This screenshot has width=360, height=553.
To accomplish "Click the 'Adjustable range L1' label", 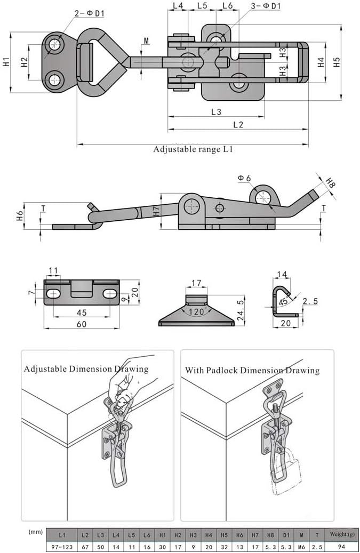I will pos(193,150).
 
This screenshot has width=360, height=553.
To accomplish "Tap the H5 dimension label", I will pos(337,62).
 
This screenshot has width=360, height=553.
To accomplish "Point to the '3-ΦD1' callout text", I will pos(266,6).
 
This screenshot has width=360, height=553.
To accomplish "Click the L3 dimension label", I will pos(215,112).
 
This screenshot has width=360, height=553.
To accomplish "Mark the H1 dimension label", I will pos(6,62).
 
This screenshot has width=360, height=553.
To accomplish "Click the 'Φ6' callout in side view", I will pos(245,178).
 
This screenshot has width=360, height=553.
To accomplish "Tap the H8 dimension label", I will pos(331,184).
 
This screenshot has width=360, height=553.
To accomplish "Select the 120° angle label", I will pos(196,312).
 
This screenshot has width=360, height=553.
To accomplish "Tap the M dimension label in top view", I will pos(146,41).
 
